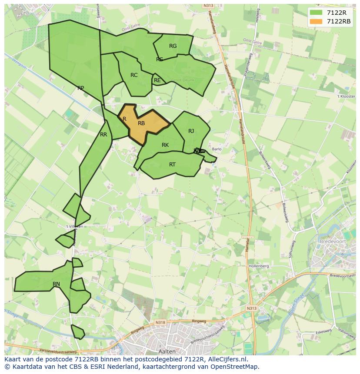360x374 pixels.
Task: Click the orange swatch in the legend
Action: pyautogui.click(x=317, y=21)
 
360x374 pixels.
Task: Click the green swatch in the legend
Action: pyautogui.click(x=317, y=13)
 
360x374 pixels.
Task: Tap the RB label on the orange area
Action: pyautogui.click(x=141, y=123)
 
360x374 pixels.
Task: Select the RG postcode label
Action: pyautogui.click(x=173, y=46)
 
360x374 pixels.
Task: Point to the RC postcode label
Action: pyautogui.click(x=134, y=75)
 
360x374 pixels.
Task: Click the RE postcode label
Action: pyautogui.click(x=157, y=80)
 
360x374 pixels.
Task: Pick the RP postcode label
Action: pyautogui.click(x=80, y=88)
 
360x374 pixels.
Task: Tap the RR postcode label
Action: pyautogui.click(x=103, y=135)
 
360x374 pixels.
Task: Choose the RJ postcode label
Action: pyautogui.click(x=191, y=131)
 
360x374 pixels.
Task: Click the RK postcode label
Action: pyautogui.click(x=165, y=145)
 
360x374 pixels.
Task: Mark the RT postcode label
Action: pyautogui.click(x=172, y=165)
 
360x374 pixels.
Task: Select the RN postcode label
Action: pyautogui.click(x=56, y=284)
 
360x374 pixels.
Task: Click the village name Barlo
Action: pyautogui.click(x=217, y=149)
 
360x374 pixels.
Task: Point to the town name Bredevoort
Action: pyautogui.click(x=332, y=241)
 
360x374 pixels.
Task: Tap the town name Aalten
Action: pyautogui.click(x=167, y=351)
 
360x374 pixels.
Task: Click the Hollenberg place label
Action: pyautogui.click(x=259, y=266)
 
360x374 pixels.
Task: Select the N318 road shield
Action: pyautogui.click(x=160, y=322)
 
